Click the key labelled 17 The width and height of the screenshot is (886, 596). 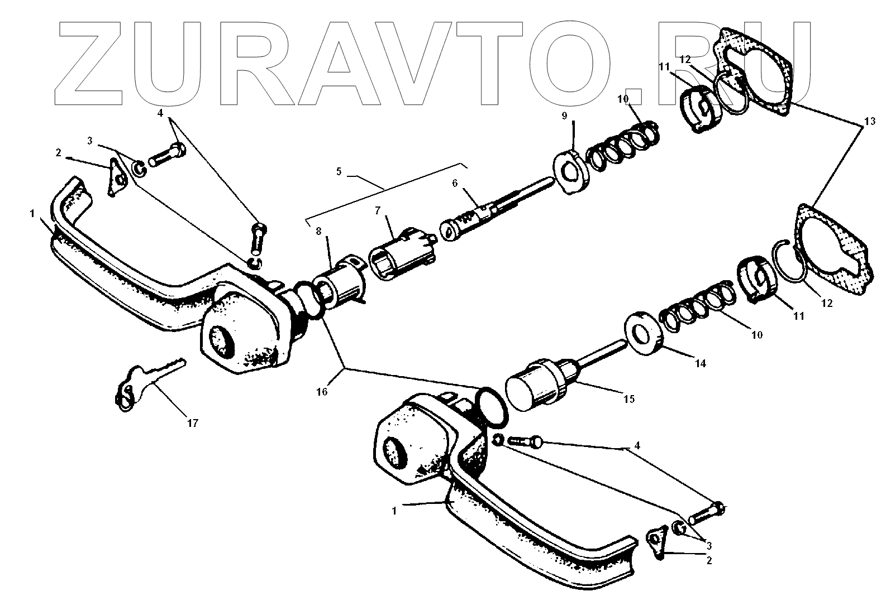click(x=146, y=382)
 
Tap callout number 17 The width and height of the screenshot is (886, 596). click(x=192, y=424)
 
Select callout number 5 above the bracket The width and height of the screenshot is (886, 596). click(x=339, y=172)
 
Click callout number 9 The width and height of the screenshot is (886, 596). click(x=564, y=116)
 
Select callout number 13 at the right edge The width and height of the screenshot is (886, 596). click(x=866, y=122)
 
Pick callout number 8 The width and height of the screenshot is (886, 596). click(x=319, y=231)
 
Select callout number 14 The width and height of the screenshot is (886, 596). click(x=700, y=364)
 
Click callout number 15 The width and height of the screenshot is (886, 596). click(x=628, y=399)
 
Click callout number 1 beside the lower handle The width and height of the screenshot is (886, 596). click(x=394, y=511)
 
